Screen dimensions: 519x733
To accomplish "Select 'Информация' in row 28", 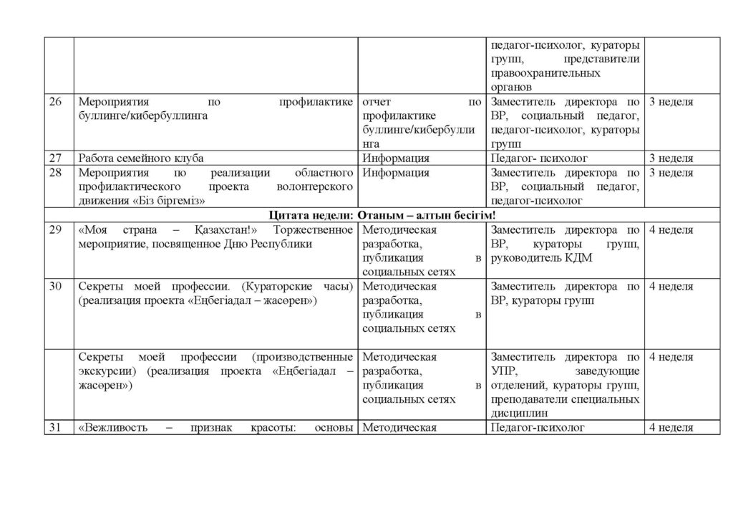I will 396,173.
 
